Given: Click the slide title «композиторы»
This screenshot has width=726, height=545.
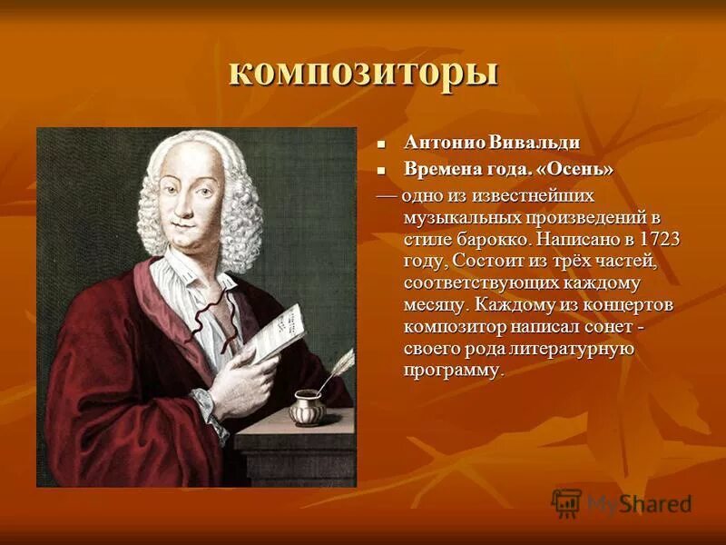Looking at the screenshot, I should [363, 72].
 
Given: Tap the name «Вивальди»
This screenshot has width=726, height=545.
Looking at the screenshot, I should [535, 143].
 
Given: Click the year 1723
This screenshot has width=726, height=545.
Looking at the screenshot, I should [660, 239].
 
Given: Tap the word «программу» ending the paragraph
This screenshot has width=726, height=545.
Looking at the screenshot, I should [452, 371].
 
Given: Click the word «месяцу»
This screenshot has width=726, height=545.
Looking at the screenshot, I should [438, 304].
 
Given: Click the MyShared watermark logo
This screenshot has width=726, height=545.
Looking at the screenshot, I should [622, 502].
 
